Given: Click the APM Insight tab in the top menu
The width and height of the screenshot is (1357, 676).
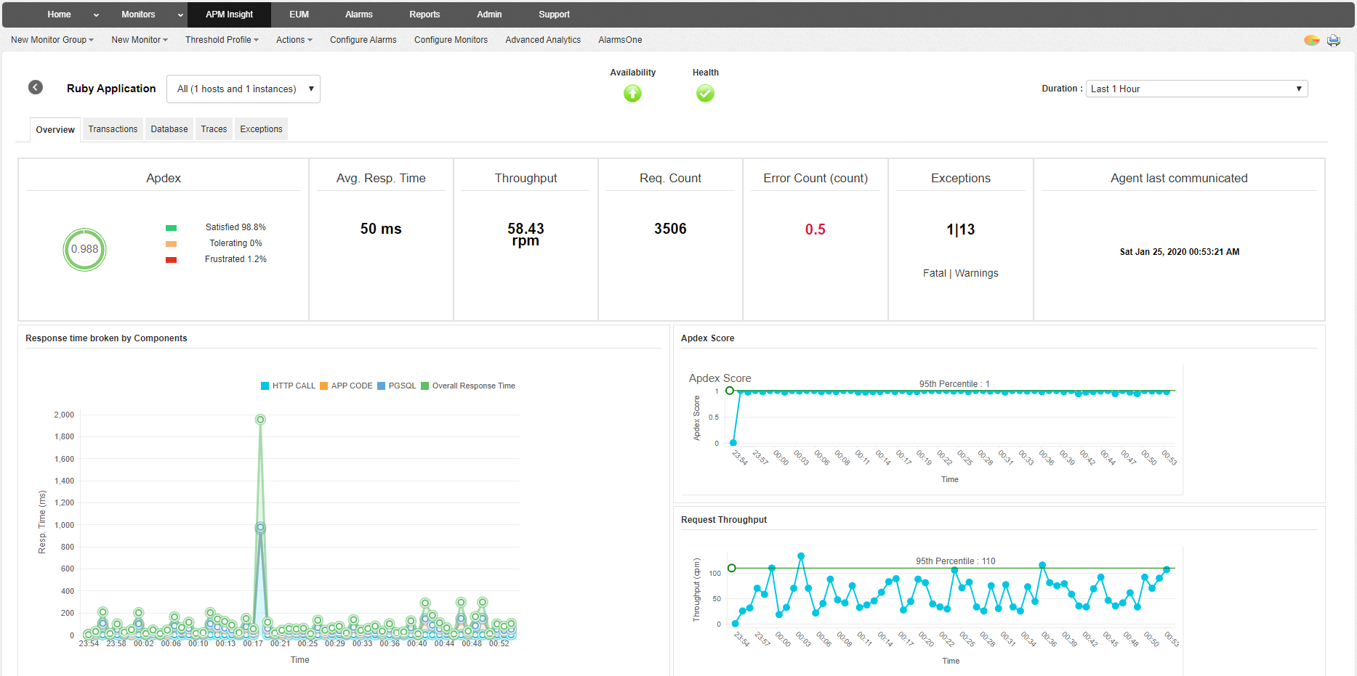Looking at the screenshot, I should [x=229, y=15].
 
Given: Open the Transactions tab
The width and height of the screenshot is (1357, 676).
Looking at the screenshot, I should [x=113, y=129].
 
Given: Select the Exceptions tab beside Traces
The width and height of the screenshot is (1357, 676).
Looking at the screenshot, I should [x=261, y=129].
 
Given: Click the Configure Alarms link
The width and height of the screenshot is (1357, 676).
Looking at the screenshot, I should [x=363, y=40].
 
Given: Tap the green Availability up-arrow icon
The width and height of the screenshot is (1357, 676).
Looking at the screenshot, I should [x=632, y=93].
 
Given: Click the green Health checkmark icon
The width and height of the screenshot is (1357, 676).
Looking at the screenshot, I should [x=705, y=93].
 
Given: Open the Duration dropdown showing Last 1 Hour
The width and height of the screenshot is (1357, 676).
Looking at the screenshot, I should [x=1196, y=89].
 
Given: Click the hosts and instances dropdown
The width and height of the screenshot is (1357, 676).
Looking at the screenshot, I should [x=243, y=89].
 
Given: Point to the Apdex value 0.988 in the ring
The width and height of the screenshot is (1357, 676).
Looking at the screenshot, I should [x=84, y=249].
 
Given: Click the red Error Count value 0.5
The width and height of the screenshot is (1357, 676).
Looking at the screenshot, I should [x=815, y=229].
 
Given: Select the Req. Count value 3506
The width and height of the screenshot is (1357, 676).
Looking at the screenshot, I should [x=670, y=229].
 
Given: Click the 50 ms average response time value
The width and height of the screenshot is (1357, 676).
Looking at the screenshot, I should [x=381, y=229].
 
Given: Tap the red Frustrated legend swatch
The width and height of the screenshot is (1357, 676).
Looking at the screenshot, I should [x=172, y=260].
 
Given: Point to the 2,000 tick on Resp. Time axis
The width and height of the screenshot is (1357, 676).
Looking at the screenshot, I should [x=64, y=415].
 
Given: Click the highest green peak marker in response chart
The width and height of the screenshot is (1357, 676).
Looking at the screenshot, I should [x=260, y=420].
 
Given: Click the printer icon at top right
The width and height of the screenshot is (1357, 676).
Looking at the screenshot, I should [x=1334, y=40].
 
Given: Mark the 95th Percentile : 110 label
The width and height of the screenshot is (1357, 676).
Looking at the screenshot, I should [x=955, y=561].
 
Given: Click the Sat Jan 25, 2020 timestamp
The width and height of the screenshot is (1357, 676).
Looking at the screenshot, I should [x=1179, y=252].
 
